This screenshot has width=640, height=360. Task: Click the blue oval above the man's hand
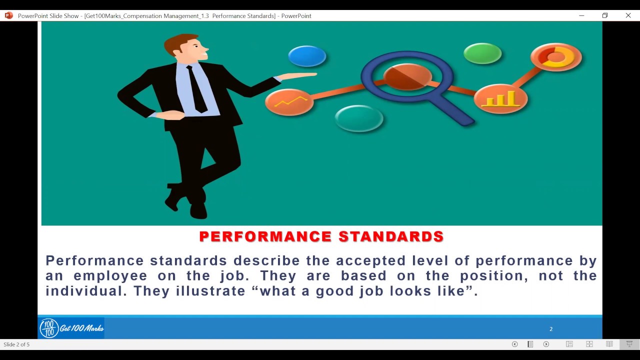coord(307,56)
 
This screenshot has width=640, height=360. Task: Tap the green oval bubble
coord(482,53)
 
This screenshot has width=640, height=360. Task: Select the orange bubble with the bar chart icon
coord(500,98)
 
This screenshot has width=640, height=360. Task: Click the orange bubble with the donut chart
coord(556,57)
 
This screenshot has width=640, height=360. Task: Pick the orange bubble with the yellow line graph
coord(289,102)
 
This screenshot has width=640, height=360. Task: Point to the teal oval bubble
coord(358,118)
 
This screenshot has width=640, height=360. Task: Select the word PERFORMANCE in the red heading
coord(265,236)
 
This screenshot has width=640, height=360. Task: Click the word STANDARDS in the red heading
coord(391,236)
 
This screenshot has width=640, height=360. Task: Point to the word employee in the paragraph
coord(110,276)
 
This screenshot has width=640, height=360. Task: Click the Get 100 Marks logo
coord(71,328)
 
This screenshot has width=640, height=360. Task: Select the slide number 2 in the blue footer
coord(551,329)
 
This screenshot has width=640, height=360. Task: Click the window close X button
coord(628,15)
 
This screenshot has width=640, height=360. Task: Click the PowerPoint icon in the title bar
coord(8,15)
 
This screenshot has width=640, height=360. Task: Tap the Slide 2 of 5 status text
coord(16,344)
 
